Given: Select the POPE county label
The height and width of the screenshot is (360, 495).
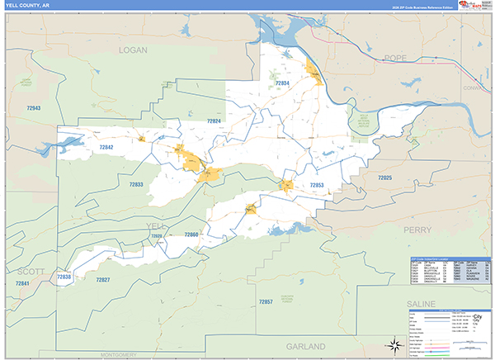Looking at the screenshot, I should [x=396, y=58].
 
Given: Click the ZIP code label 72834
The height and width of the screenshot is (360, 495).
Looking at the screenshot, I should [x=282, y=83].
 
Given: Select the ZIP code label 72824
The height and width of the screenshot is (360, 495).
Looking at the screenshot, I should [x=214, y=121].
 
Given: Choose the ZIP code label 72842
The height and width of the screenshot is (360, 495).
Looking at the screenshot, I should [x=106, y=147].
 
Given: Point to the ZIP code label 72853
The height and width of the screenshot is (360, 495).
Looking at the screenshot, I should [x=316, y=185].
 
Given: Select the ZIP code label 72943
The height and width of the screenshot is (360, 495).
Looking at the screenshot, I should [x=34, y=108].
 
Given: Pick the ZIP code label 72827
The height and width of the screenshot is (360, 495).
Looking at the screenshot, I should [x=102, y=280].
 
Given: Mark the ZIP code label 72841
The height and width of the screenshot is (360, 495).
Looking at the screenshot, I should [x=22, y=284].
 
